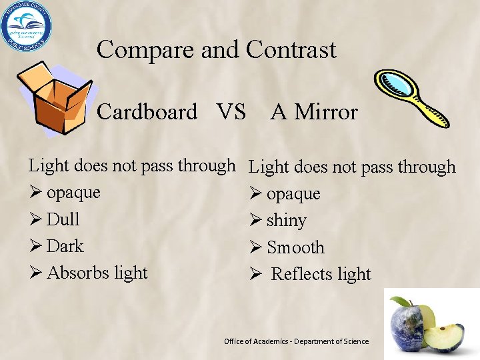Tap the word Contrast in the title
pos(291,50)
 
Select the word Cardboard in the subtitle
pos(147,112)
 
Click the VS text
pos(231,112)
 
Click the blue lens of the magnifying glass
pos(395,86)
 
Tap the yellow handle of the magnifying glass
pos(431,113)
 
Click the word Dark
pos(65,246)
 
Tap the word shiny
pos(286,221)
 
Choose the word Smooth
pos(295,247)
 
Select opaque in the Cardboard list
pos(73,193)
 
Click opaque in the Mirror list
pos(293,195)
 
